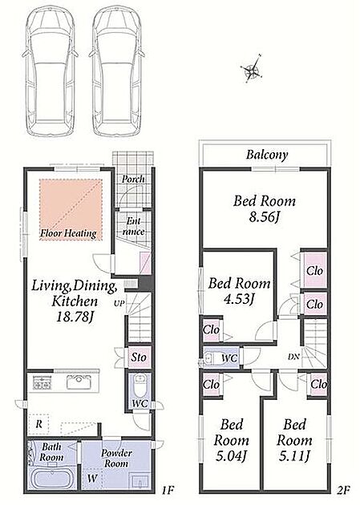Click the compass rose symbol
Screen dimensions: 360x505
pos(252,69)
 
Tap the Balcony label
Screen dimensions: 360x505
pos(267,155)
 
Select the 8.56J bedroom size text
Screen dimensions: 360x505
pos(264,217)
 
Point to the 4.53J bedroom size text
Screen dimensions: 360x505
pos(239,299)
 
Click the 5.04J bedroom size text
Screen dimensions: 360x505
pos(231,455)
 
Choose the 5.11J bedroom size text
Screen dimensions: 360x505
pos(294,455)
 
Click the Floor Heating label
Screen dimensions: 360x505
pos(68,233)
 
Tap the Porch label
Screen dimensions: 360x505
pos(133,179)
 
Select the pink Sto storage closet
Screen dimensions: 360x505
pos(139,357)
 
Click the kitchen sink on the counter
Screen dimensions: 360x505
pos(79,382)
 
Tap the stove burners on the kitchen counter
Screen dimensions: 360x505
pos(41,383)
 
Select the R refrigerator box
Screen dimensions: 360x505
pos(39,424)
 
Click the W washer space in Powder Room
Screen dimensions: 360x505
pos(91,479)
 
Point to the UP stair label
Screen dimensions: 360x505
pos(119,303)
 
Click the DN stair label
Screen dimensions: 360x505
pos(293,357)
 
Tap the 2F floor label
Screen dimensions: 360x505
pos(344,491)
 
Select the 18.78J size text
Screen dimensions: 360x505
pos(75,317)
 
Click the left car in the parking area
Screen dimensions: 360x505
pos(50,71)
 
